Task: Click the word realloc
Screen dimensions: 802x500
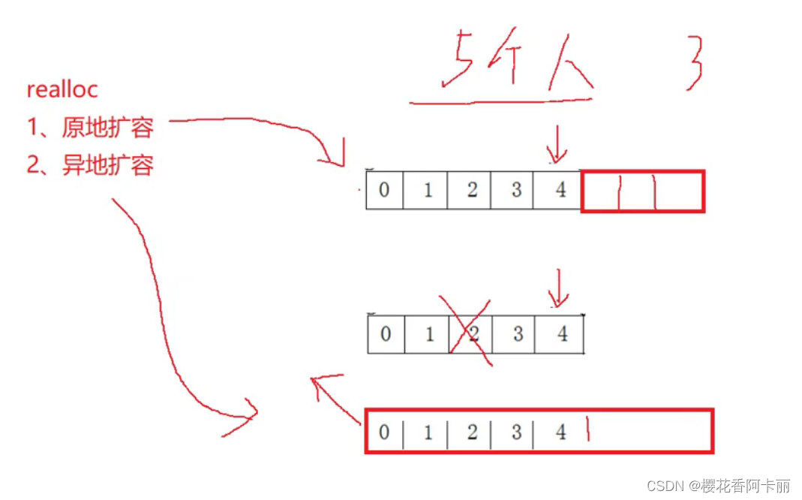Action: tap(62, 90)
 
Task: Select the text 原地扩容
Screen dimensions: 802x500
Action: tap(107, 128)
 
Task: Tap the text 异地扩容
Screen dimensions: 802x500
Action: tap(107, 165)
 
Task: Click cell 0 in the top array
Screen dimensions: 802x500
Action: tap(384, 190)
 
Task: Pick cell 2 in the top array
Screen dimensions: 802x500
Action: tap(472, 190)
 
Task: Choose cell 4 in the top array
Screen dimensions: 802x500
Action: tap(560, 190)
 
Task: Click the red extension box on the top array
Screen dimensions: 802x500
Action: tap(643, 191)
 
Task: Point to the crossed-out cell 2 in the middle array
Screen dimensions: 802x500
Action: tap(472, 333)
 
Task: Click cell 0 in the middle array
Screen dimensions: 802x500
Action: tap(386, 333)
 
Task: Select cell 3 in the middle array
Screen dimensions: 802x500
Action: tap(517, 333)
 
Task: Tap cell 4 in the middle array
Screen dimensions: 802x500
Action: tap(562, 333)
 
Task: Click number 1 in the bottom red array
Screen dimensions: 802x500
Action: tap(428, 432)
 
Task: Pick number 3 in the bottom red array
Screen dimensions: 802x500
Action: tap(515, 432)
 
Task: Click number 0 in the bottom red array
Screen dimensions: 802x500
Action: tap(385, 432)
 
